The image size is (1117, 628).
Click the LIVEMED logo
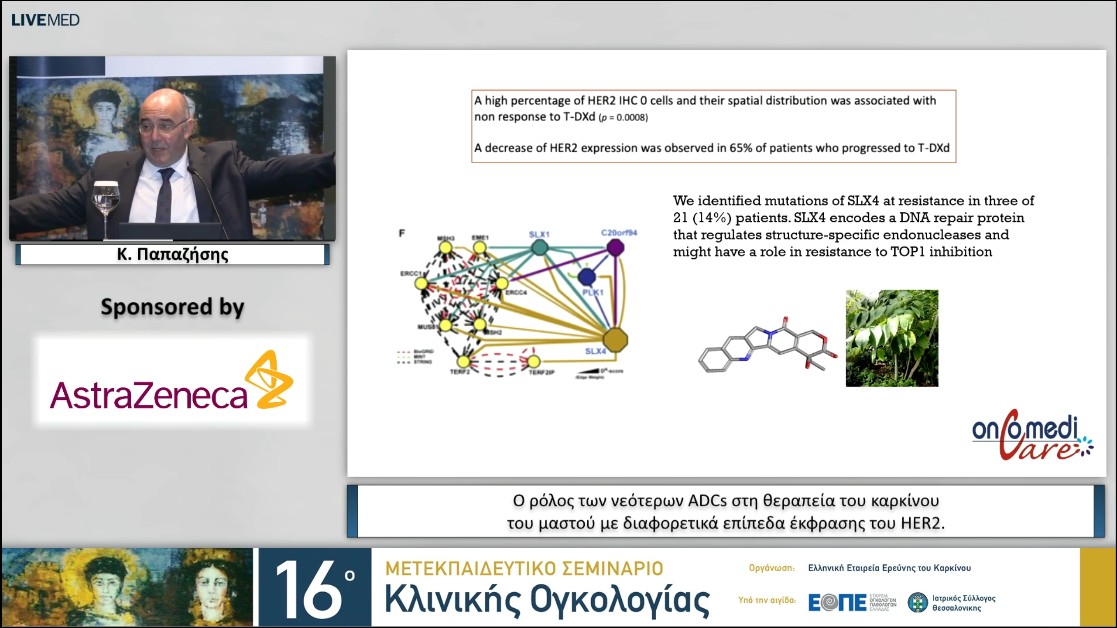[x=45, y=20]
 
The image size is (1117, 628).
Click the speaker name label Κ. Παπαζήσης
[x=172, y=254]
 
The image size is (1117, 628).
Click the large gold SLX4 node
[x=615, y=340]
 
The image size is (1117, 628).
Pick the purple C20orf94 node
[x=615, y=248]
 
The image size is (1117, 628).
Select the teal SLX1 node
[x=539, y=248]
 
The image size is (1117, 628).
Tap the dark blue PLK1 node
[x=587, y=276]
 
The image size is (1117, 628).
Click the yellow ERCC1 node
[x=421, y=283]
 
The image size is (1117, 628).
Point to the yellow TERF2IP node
[x=534, y=361]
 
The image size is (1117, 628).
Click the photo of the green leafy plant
[x=892, y=338]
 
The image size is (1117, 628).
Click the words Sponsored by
[x=172, y=307]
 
